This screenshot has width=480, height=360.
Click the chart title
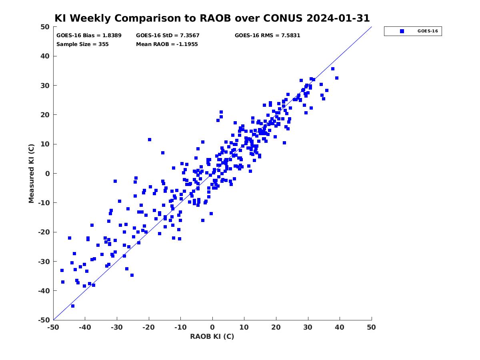(x=212, y=18)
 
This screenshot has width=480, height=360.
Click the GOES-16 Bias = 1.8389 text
(x=89, y=36)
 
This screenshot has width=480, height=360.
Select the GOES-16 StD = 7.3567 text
(x=168, y=36)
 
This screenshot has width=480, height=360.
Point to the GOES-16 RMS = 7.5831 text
(x=267, y=36)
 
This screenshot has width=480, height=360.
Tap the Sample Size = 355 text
(x=82, y=44)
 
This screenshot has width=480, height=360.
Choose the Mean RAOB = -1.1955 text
(x=167, y=44)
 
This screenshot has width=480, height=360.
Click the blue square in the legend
(x=402, y=31)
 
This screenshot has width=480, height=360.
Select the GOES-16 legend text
(x=428, y=31)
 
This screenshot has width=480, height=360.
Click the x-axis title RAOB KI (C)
(x=212, y=336)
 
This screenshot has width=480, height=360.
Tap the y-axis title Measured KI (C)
(x=31, y=173)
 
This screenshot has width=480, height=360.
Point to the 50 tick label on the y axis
(x=45, y=27)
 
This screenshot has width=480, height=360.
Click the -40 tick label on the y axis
(x=44, y=291)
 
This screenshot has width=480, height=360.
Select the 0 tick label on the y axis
(x=48, y=174)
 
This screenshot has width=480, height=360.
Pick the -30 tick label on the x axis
(x=117, y=327)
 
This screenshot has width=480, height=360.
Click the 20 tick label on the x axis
(x=276, y=327)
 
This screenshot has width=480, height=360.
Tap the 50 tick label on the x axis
(x=371, y=327)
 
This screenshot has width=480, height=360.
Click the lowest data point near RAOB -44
(x=73, y=306)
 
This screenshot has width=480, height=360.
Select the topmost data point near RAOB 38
(x=333, y=69)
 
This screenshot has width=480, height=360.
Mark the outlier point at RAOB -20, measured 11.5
(x=150, y=140)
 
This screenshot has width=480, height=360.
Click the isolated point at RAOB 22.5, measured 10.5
(x=284, y=143)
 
